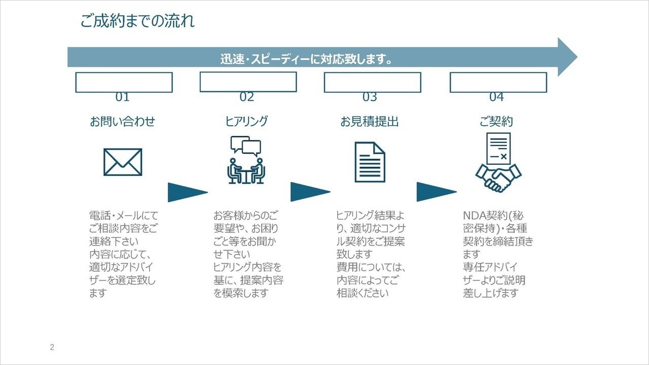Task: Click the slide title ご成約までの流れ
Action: [x=137, y=21]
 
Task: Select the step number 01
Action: [x=122, y=97]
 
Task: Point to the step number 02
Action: [x=247, y=97]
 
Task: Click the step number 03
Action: [x=370, y=97]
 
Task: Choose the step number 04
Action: [x=496, y=97]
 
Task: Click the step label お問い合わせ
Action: [x=122, y=122]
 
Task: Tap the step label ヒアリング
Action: [x=246, y=121]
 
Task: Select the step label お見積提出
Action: [x=370, y=122]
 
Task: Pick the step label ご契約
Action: [x=496, y=122]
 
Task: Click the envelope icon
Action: [x=123, y=162]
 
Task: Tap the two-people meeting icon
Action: [x=246, y=160]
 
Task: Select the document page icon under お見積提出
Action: [x=370, y=162]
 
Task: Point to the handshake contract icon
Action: [x=498, y=162]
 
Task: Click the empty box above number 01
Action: [x=124, y=82]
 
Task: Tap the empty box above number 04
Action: [x=498, y=82]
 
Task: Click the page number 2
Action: [x=52, y=347]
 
